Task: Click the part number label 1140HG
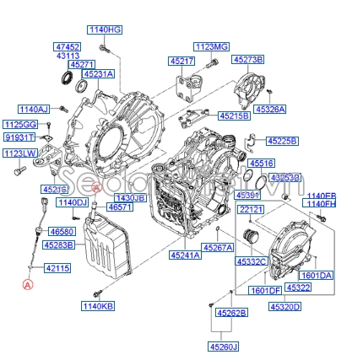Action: pyautogui.click(x=105, y=30)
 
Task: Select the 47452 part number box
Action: pyautogui.click(x=67, y=46)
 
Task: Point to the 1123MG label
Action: pyautogui.click(x=211, y=46)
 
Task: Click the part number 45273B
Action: pyautogui.click(x=248, y=60)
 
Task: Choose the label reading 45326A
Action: pyautogui.click(x=270, y=109)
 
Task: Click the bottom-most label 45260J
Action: pyautogui.click(x=225, y=346)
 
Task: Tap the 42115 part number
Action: pyautogui.click(x=57, y=267)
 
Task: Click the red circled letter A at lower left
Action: pyautogui.click(x=27, y=286)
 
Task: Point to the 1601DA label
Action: pyautogui.click(x=317, y=275)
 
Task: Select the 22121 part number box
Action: pyautogui.click(x=251, y=208)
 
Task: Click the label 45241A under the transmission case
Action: pyautogui.click(x=185, y=255)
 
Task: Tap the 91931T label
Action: pyautogui.click(x=19, y=136)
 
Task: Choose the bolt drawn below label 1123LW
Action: pyautogui.click(x=16, y=171)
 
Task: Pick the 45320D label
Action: pyautogui.click(x=284, y=307)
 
